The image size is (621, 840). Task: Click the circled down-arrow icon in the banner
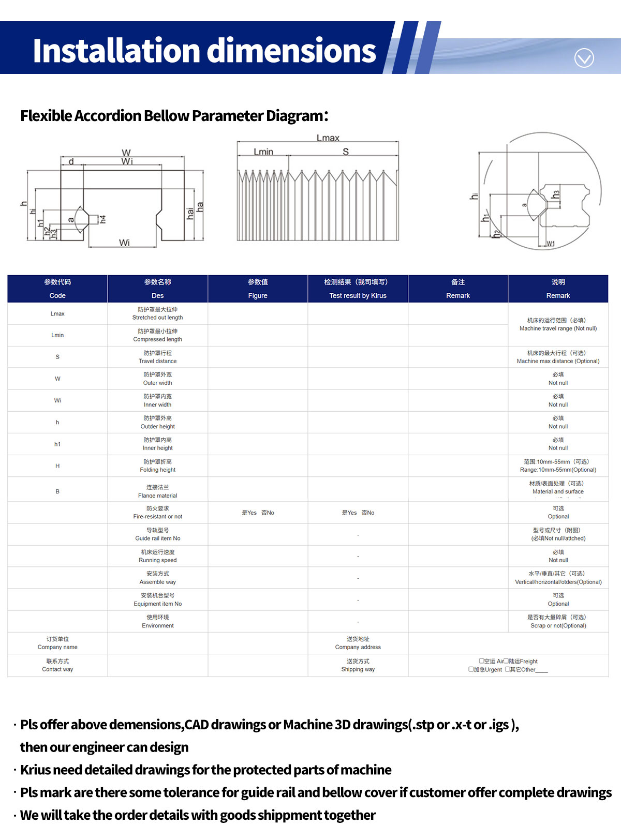pos(584,58)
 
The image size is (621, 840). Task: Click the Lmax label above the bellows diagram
pos(328,138)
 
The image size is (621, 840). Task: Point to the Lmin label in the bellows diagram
pos(263,152)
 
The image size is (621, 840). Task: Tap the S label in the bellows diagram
pos(346,152)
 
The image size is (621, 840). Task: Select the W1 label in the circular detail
pos(551,244)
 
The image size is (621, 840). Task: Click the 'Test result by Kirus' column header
pos(358,295)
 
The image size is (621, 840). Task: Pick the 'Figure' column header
pos(258,295)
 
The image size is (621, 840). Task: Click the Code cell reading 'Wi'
pos(57,400)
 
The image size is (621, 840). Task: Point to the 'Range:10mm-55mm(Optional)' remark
pos(558,470)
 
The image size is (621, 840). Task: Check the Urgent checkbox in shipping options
pos(471,669)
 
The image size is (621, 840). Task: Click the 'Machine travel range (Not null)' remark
pos(558,328)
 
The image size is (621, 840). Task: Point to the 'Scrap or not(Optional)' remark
pos(558,625)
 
